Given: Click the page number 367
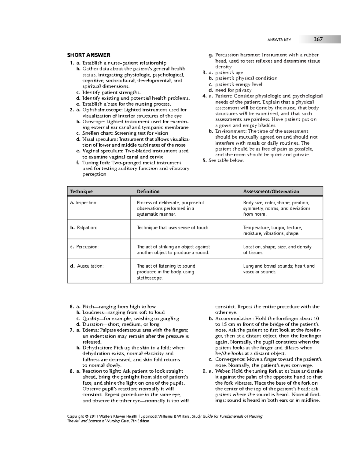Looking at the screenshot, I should [318, 39].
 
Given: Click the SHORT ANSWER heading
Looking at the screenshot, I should [88, 55].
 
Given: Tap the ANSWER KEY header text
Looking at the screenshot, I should [279, 40].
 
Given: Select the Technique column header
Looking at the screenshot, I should [81, 191].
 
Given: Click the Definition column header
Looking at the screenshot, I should [148, 191].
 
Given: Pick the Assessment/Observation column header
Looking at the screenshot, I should [271, 191].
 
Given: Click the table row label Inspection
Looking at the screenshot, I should [86, 203].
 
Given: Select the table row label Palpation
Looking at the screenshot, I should [87, 228].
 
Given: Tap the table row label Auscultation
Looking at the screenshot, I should [90, 266].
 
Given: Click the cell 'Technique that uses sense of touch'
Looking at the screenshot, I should [173, 228].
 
